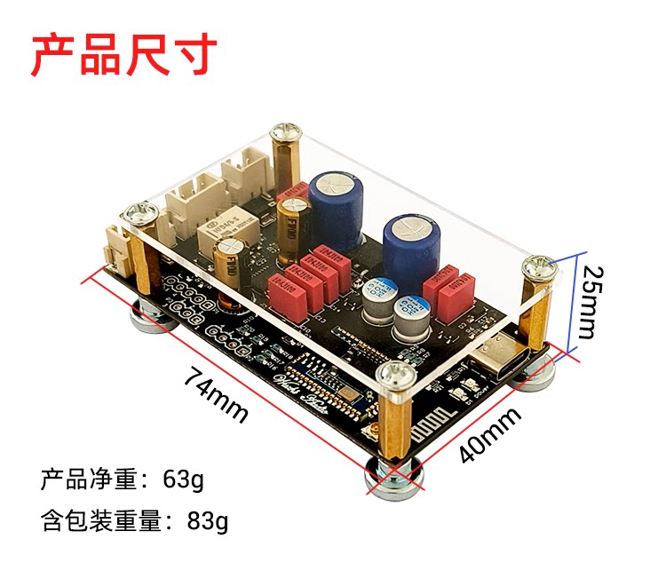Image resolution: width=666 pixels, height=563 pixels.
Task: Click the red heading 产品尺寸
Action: click(124, 54)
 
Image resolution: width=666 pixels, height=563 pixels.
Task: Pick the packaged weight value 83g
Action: click(208, 521)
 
